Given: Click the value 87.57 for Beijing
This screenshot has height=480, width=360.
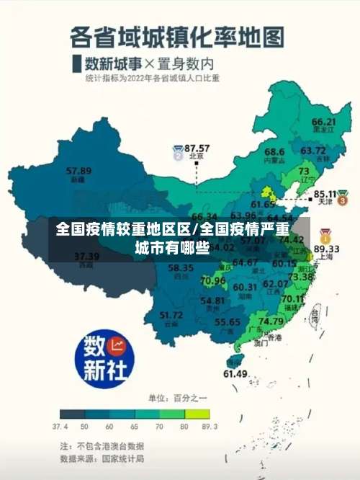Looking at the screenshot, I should [x=197, y=147].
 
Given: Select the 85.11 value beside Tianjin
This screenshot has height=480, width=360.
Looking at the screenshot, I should [x=325, y=194].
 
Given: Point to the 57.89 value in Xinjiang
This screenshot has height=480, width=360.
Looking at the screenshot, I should [x=78, y=171].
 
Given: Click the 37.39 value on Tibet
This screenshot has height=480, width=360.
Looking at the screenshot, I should [x=86, y=256].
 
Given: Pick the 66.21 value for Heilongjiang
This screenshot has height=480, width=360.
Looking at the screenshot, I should [x=324, y=122].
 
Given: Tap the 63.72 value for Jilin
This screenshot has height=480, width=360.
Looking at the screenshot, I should [x=312, y=151].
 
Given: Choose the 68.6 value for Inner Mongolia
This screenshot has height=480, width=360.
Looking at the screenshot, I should [x=274, y=152].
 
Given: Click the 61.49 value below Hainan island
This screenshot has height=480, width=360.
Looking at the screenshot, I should [x=235, y=373].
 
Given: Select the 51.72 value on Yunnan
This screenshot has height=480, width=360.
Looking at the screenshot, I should [x=171, y=314].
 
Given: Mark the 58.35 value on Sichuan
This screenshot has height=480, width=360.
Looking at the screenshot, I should [x=181, y=268].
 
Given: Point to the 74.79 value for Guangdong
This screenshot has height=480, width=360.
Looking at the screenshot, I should [x=271, y=321].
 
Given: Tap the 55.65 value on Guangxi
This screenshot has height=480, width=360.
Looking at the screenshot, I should [x=228, y=321].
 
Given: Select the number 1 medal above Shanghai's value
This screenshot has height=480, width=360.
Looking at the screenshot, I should [x=325, y=235].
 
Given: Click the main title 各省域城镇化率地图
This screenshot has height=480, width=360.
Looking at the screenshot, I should [x=177, y=36].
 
